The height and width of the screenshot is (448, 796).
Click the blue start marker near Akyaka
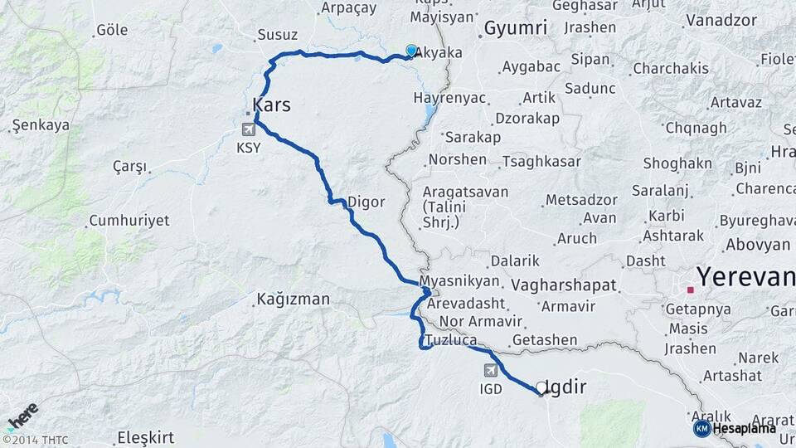411,51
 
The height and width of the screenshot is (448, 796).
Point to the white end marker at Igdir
541,387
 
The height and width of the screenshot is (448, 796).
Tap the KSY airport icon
248,129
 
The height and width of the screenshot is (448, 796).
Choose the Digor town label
366,201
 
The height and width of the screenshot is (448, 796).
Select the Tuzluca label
449,341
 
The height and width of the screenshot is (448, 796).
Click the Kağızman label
293,299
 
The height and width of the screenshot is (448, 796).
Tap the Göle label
112,30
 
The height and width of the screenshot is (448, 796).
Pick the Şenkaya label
41,125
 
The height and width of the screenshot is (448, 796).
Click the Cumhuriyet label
129,221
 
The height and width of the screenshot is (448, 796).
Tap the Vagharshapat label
564,285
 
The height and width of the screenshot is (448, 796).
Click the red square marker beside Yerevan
690,290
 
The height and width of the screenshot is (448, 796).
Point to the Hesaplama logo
735,428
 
